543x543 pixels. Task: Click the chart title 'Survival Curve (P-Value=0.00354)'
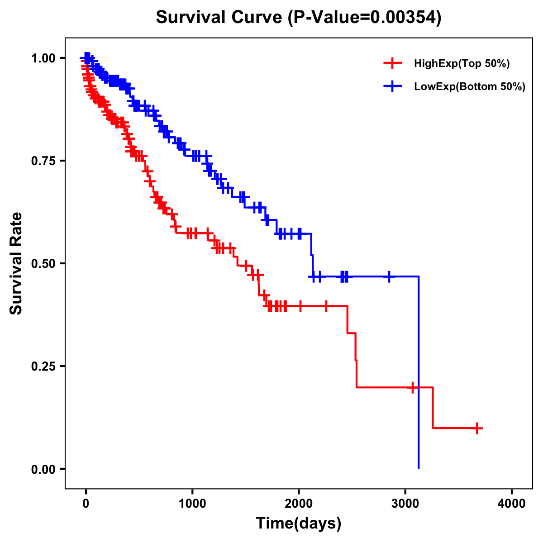coord(299,18)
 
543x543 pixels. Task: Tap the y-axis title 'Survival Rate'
coord(16,263)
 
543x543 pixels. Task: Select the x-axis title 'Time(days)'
coord(299,524)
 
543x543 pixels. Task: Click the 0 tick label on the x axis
coord(86,504)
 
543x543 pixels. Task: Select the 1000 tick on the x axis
coord(192,504)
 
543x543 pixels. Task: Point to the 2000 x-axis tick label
coord(299,504)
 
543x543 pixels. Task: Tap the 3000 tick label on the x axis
coord(405,504)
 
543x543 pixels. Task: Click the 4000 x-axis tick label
coord(512,504)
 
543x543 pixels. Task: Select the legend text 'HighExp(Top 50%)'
coord(462,64)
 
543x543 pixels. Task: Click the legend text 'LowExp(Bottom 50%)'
coord(470,87)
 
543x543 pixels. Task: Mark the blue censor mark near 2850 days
coord(389,276)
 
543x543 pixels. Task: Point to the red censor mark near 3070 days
coord(412,387)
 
